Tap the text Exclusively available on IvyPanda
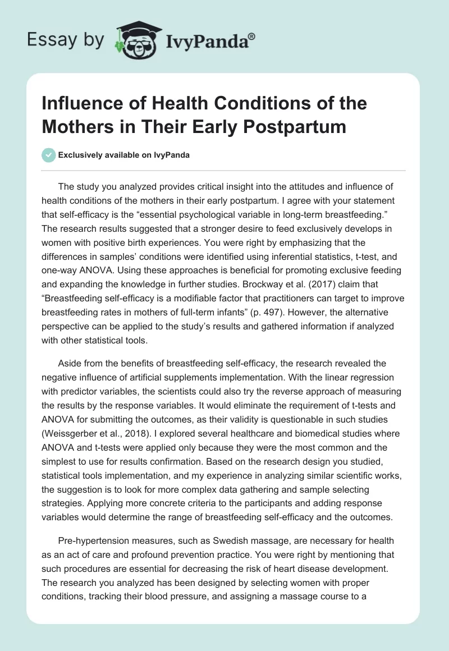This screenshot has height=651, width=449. click(x=123, y=155)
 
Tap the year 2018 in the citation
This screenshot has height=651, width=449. click(x=137, y=433)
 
